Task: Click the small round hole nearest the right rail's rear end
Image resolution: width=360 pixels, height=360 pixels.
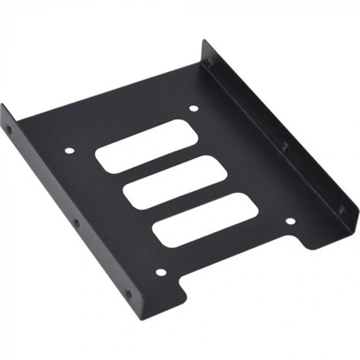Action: (193, 109)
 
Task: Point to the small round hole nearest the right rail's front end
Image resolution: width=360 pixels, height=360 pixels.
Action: (291, 221)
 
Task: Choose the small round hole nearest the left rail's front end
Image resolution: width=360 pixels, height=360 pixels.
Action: (161, 272)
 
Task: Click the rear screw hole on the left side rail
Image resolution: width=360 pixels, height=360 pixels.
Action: (9, 129)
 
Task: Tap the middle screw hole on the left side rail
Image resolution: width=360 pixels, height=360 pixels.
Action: (77, 224)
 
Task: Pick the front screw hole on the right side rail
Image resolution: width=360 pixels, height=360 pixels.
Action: (340, 210)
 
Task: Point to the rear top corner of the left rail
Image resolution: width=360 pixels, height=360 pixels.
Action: (3, 105)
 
